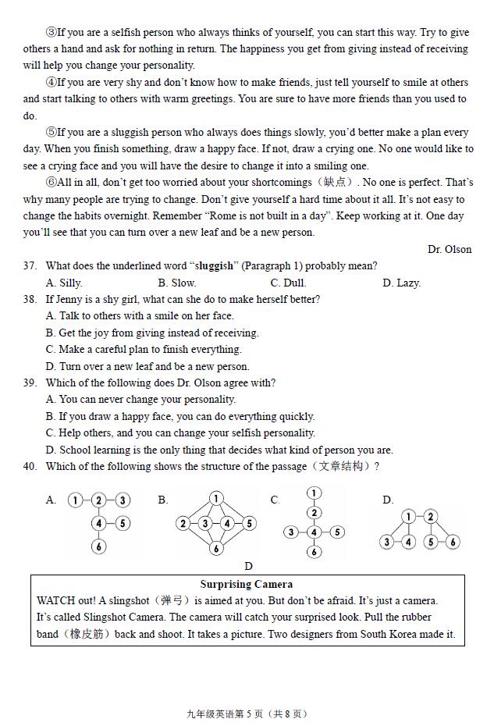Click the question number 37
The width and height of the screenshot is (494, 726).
click(30, 266)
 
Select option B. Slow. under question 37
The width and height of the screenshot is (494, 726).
click(176, 283)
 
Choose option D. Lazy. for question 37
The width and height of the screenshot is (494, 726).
click(401, 283)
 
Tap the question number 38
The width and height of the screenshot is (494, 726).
click(30, 300)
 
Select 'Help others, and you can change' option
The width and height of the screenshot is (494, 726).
click(180, 433)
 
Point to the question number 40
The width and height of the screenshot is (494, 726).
click(30, 467)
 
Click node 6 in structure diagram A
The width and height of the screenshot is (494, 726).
click(98, 546)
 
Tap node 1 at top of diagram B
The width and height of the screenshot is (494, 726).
click(216, 498)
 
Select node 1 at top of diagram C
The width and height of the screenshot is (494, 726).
click(314, 493)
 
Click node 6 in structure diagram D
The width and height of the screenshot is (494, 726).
click(453, 541)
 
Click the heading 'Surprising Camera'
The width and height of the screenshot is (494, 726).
click(247, 584)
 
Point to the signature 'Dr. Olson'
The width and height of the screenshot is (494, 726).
click(450, 250)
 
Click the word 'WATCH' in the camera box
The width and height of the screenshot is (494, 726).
click(55, 601)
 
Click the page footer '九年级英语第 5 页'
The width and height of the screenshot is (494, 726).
click(227, 714)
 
